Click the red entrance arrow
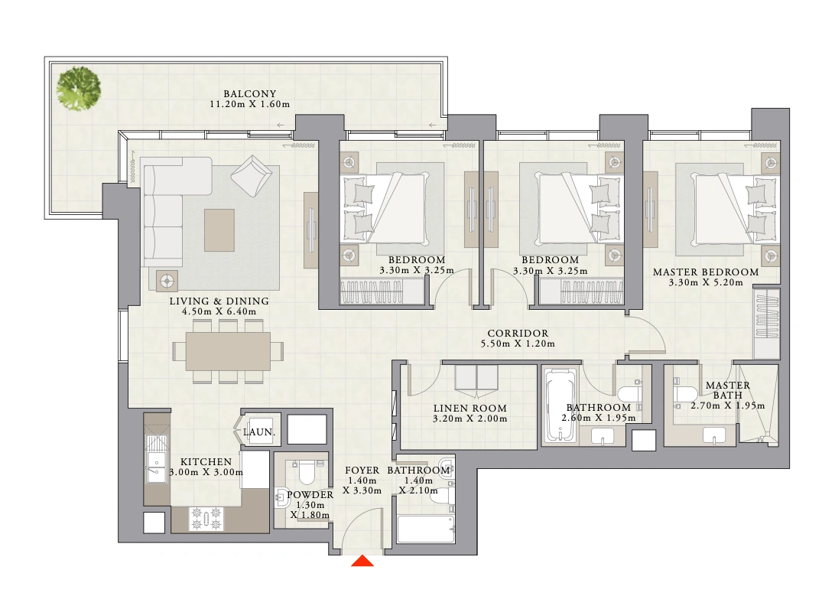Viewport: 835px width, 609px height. (362, 561)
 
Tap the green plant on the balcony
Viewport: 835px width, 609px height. (79, 89)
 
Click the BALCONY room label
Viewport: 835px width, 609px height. (250, 94)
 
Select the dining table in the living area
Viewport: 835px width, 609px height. (228, 352)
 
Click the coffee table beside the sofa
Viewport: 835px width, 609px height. (219, 230)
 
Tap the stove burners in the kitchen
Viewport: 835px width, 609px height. (206, 519)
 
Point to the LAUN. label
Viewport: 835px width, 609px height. (259, 432)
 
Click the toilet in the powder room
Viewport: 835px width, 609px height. (307, 472)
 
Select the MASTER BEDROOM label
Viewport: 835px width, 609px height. (706, 272)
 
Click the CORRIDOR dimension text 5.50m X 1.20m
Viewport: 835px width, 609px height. (518, 344)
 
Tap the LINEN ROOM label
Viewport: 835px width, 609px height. (469, 409)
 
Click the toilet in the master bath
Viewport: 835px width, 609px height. (685, 394)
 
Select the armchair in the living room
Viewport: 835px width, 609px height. (252, 176)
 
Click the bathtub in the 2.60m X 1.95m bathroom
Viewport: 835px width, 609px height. (560, 406)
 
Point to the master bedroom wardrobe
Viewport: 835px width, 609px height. (767, 322)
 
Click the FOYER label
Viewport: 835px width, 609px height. (362, 471)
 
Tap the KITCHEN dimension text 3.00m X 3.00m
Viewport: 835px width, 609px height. (206, 473)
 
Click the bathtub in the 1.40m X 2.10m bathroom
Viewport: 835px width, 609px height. (425, 529)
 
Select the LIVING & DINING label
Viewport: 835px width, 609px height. (219, 301)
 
